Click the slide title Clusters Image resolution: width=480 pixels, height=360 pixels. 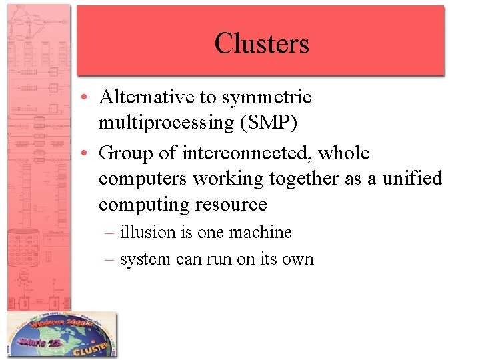click(261, 43)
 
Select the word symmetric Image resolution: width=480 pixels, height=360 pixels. click(267, 98)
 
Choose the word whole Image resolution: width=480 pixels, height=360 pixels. click(343, 153)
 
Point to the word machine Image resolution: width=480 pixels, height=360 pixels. click(260, 232)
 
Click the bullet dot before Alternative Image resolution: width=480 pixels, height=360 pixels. click(89, 98)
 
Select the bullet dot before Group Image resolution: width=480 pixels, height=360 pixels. click(89, 153)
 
